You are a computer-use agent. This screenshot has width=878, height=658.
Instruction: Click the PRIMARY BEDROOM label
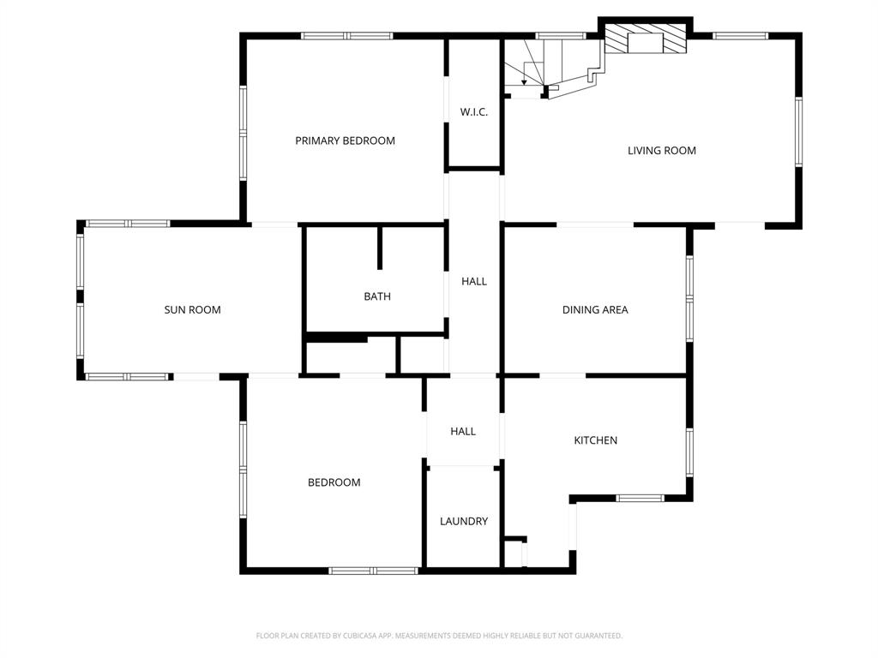345,141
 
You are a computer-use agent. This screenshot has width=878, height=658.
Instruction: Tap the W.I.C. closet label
473,112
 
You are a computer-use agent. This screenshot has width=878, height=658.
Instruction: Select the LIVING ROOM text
661,151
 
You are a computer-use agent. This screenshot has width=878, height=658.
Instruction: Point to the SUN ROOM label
192,310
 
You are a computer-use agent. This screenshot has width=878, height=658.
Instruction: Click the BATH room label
376,296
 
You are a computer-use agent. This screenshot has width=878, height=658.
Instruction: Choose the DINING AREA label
595,310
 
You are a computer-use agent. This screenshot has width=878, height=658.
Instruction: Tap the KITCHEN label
595,440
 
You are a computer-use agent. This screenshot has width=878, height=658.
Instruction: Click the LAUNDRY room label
464,521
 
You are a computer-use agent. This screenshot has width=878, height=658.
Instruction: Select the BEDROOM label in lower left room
334,482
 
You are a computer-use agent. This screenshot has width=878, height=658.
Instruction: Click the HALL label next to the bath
473,281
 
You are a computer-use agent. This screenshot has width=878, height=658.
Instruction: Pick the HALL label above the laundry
463,432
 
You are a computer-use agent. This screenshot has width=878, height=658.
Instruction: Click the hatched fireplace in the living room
646,39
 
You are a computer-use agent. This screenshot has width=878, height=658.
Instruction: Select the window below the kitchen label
640,498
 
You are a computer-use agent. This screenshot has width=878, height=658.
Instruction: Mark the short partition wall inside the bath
379,248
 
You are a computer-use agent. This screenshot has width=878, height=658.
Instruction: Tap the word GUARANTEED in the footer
595,636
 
